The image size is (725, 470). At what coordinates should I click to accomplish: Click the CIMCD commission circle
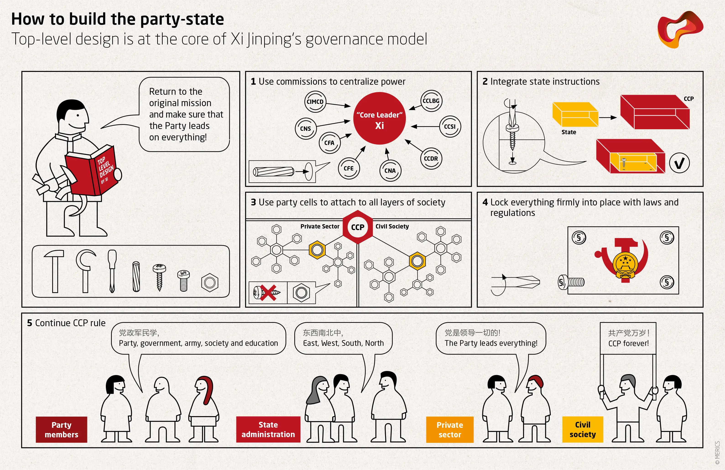(x=315, y=102)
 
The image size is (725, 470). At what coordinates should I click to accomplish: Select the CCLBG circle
(x=431, y=101)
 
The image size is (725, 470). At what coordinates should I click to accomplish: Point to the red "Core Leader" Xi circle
(x=380, y=118)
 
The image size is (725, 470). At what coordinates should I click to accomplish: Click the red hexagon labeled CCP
(x=358, y=227)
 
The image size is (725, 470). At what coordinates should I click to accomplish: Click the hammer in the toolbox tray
(x=54, y=271)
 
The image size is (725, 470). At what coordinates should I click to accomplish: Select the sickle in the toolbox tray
(x=86, y=271)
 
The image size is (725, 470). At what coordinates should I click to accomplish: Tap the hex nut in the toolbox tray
(x=210, y=283)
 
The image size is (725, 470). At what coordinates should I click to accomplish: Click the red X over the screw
(x=268, y=293)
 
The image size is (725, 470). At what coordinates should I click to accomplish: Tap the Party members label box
(x=62, y=429)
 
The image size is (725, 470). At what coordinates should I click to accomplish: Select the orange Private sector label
(x=450, y=429)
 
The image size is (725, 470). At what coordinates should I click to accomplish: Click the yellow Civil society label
(x=583, y=429)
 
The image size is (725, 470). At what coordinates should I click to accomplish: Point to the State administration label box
(x=268, y=429)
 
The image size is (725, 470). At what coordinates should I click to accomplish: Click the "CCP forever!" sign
(x=628, y=338)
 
